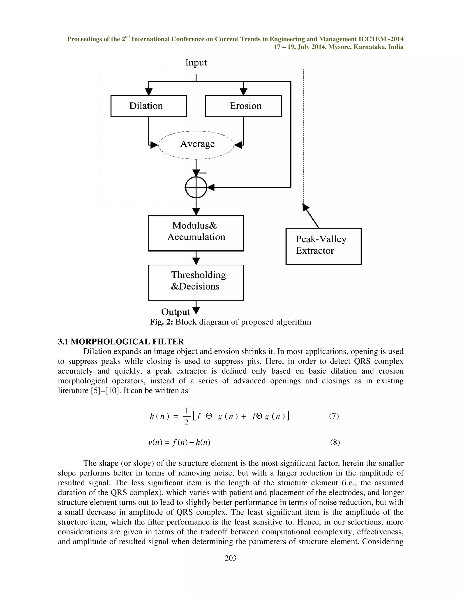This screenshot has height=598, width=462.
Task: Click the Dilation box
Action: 149,106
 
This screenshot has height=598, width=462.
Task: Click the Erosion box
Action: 243,106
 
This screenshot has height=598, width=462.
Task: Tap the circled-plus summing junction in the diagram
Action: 196,188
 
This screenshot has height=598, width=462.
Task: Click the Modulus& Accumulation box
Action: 196,233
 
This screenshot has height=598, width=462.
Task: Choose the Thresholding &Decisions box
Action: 196,282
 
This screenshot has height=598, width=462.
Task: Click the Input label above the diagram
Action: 196,63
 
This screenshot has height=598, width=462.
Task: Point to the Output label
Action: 176,312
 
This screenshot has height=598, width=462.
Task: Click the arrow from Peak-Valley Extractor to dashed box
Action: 311,216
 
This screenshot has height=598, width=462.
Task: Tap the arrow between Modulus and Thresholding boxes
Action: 196,258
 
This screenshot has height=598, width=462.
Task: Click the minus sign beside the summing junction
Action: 203,173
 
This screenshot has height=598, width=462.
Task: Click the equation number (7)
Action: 334,416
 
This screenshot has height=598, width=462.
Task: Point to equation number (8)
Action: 335,442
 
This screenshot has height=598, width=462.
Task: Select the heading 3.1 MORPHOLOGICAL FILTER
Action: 121,341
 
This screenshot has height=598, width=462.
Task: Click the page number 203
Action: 231,558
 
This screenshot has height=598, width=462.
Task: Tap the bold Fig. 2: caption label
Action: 162,322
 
